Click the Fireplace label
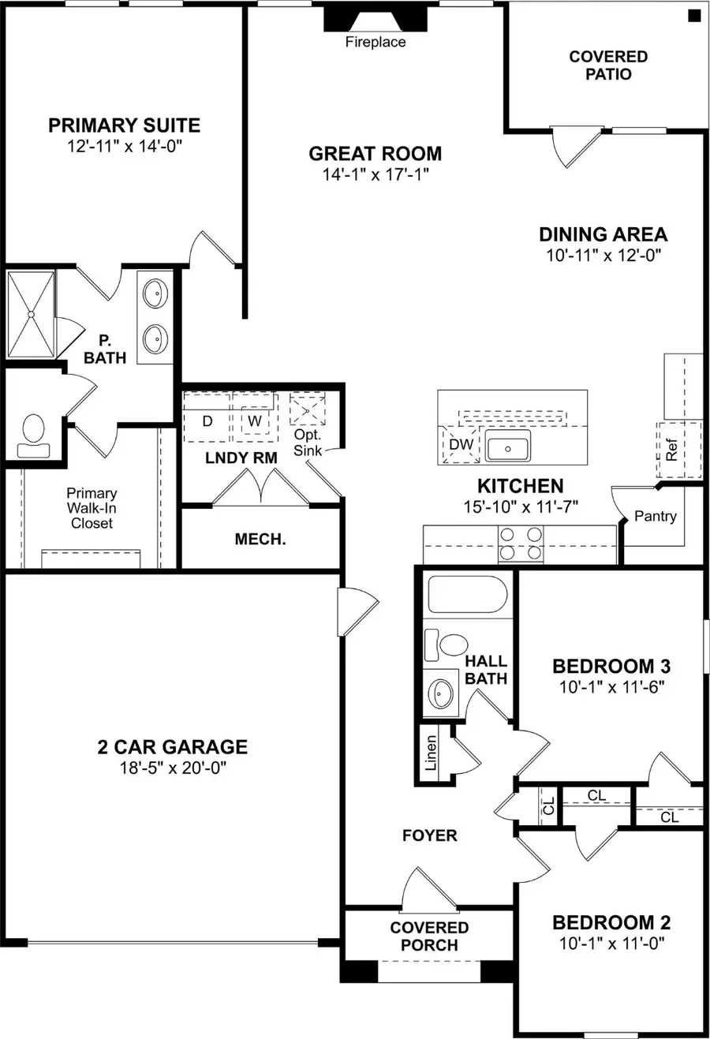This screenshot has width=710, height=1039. (376, 43)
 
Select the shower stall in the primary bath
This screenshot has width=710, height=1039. (31, 315)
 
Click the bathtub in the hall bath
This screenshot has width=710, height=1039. (466, 595)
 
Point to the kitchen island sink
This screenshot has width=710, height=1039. (507, 447)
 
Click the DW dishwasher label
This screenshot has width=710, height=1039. (461, 444)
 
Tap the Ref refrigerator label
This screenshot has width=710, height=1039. (671, 450)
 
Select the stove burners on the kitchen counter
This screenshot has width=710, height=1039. (521, 544)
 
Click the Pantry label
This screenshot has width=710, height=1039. (655, 516)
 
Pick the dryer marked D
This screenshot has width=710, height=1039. (207, 421)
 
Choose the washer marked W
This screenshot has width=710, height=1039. (254, 421)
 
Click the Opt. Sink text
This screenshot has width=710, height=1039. (307, 443)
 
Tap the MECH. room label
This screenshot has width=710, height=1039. (260, 540)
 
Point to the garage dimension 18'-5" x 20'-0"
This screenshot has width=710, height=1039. (173, 768)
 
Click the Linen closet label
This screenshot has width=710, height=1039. (431, 753)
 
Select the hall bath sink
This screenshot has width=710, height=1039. (440, 693)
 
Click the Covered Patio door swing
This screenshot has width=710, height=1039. (572, 147)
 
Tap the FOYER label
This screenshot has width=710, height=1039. (429, 835)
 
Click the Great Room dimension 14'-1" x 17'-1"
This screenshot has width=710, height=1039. (375, 174)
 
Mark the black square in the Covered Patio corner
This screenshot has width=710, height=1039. (693, 15)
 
